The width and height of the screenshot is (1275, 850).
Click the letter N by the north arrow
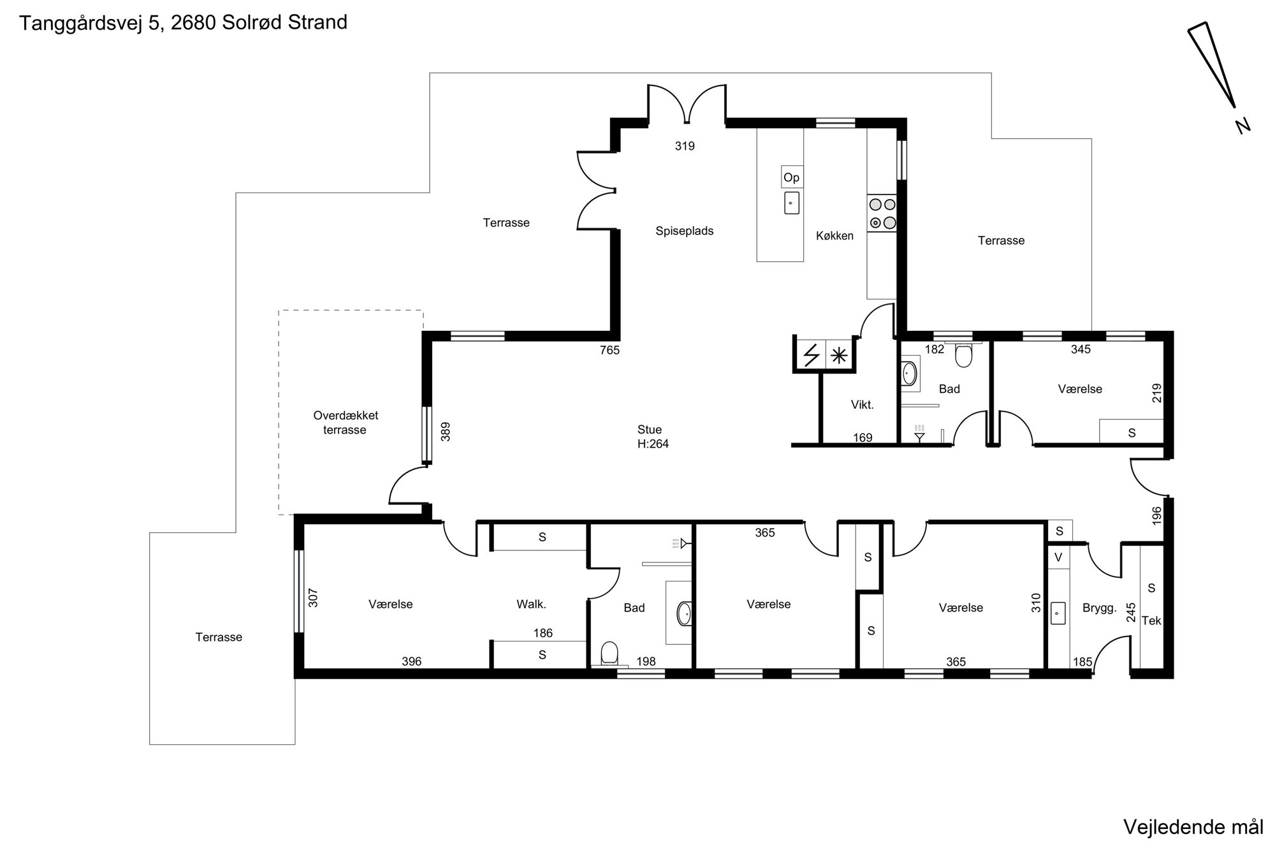1242,126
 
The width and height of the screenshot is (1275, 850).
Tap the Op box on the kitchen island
792,177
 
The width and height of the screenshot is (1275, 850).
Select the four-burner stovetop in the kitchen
882,214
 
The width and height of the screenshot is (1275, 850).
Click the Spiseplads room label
685,231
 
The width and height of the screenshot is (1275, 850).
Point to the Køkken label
834,235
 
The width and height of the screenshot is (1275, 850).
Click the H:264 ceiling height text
653,444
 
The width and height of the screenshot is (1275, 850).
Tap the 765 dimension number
609,350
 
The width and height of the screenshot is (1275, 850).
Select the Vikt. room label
862,404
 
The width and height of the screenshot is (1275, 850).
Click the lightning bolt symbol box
811,355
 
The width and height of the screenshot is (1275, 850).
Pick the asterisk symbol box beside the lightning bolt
839,355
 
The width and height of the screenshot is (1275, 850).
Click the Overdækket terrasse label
345,422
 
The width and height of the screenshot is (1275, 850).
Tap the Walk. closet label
531,604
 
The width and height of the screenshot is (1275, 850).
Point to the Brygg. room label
1100,608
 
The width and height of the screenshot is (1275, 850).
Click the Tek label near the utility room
1151,620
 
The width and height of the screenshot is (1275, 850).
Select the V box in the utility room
1058,557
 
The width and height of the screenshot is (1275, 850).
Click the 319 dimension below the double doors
685,146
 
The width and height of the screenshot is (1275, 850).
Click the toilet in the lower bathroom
609,653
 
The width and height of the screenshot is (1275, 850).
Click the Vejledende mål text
1193,827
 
